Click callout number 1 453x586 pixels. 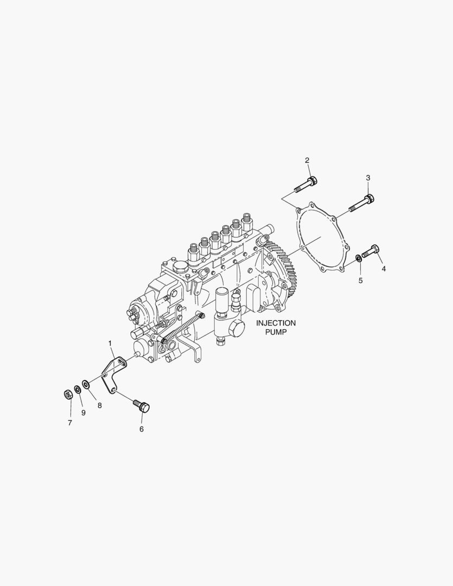(110, 343)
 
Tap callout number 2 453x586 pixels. (307, 160)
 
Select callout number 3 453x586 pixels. (368, 177)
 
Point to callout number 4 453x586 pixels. (384, 269)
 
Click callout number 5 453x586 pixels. (360, 281)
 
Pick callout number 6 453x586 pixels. (142, 429)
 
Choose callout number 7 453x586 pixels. (69, 423)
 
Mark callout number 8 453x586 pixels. (99, 405)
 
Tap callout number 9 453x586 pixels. (84, 412)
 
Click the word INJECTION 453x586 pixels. (276, 323)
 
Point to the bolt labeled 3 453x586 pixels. (361, 203)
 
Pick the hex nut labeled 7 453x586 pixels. (68, 394)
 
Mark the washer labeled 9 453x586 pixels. (78, 390)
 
